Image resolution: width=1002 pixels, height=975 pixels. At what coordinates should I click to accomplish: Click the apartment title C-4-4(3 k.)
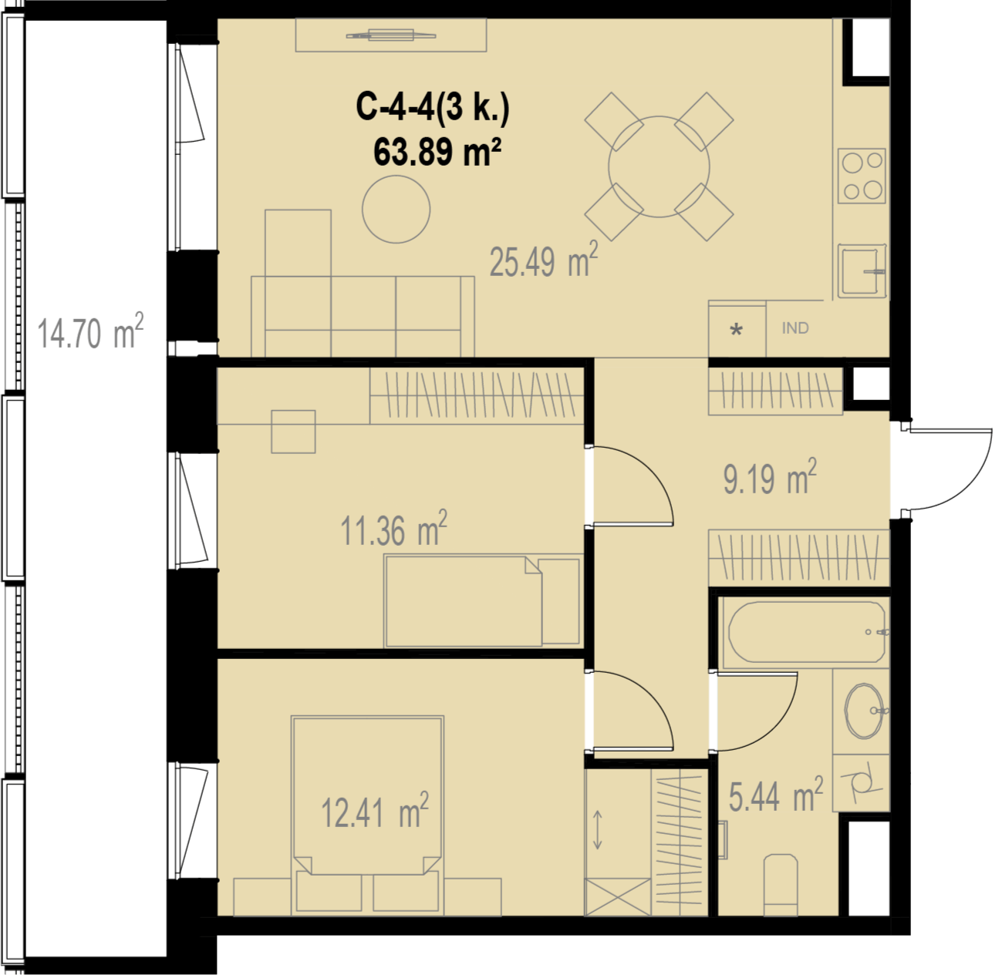433,108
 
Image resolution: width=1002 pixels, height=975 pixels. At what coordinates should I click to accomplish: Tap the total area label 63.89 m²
437,152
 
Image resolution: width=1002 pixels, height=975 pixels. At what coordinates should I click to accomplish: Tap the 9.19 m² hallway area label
770,476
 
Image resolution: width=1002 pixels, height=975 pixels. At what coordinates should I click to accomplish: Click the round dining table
659,166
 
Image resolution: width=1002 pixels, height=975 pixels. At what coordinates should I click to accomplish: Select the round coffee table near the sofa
396,209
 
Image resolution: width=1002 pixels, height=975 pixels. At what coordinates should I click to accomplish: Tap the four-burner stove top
862,176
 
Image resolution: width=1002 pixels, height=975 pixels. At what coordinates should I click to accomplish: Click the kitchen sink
862,271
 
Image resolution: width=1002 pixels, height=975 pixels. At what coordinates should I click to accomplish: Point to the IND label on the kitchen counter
795,328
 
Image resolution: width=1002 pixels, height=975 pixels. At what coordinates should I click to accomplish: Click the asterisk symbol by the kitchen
737,330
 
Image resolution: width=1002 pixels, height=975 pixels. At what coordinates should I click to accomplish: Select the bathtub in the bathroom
805,632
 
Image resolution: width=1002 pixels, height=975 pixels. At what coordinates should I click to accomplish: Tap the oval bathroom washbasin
865,711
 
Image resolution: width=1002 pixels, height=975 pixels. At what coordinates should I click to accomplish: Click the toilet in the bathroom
781,885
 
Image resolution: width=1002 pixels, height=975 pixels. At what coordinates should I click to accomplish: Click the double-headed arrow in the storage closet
597,830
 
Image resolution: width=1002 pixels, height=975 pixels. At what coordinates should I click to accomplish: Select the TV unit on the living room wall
391,35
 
